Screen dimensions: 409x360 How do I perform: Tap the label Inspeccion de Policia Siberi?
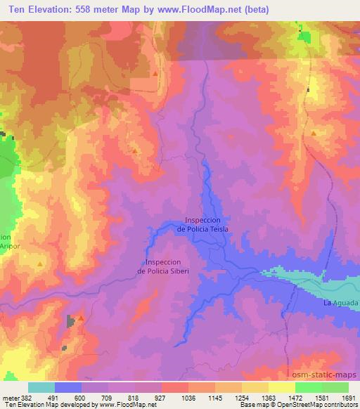(x=164, y=266)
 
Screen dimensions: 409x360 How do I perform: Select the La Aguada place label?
(x=340, y=303)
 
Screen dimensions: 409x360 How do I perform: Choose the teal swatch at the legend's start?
(x=41, y=387)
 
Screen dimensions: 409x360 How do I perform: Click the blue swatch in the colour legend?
(x=68, y=387)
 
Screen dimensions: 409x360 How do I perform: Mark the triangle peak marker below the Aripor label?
(x=40, y=264)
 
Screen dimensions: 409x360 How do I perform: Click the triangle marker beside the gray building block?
(x=81, y=318)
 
